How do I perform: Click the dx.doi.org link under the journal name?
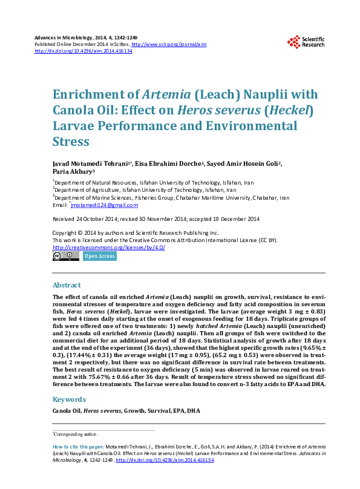[83, 51]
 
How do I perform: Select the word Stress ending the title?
[71, 142]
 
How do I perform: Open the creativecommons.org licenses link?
[109, 248]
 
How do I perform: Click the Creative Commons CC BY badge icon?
[65, 256]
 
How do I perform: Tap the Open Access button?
[99, 256]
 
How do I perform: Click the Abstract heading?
[67, 285]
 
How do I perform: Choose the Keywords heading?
[69, 399]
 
